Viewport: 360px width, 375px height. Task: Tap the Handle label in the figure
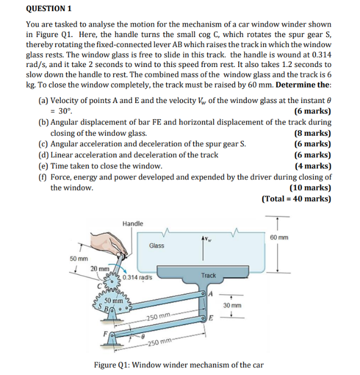click(x=132, y=223)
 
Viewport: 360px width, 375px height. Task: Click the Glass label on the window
click(x=156, y=245)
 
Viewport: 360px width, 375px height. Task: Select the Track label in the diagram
click(x=208, y=275)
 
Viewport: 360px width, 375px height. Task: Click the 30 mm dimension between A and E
click(x=232, y=305)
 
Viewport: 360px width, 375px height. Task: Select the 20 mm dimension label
click(x=100, y=269)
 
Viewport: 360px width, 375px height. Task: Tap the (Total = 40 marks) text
click(x=296, y=199)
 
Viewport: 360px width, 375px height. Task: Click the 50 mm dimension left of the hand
click(x=78, y=259)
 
